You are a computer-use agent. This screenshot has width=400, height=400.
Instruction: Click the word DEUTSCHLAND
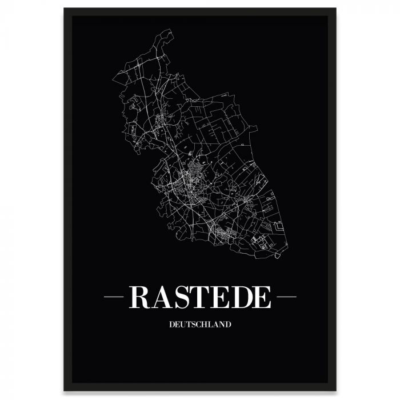[x=200, y=325]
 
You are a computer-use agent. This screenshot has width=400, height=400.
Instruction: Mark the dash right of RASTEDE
[x=285, y=297]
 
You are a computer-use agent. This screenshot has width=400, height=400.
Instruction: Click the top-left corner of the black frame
[x=65, y=9]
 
